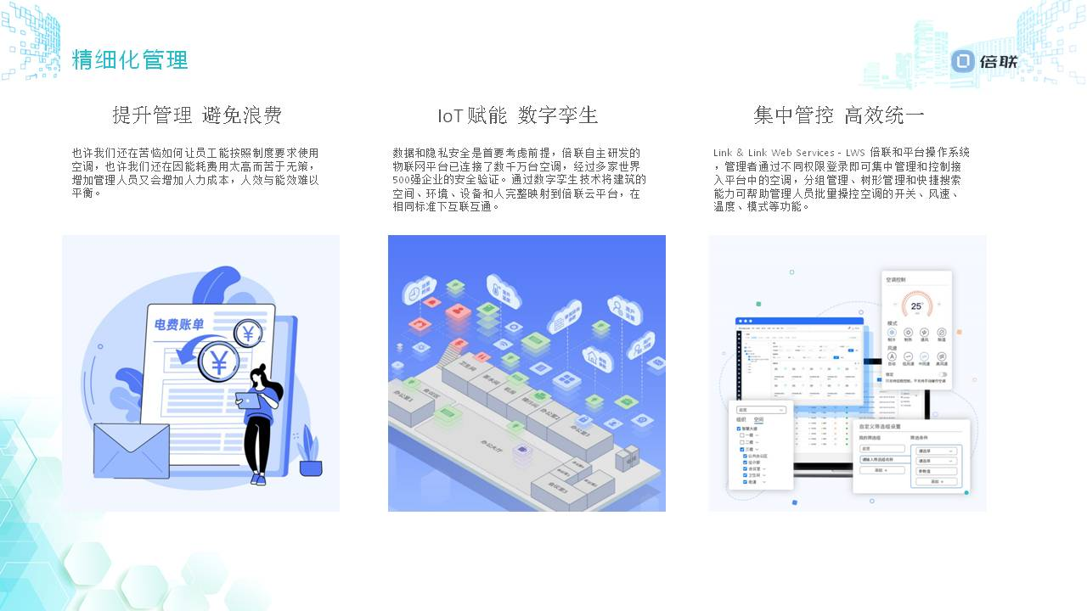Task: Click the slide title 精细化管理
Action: [130, 60]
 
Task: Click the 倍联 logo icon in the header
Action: [962, 61]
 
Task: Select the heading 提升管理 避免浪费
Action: [197, 115]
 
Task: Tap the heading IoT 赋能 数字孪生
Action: [518, 115]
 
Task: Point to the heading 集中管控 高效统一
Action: [839, 115]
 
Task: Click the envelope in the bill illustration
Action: [131, 450]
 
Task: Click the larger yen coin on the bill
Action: [218, 362]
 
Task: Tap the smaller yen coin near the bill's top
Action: [248, 334]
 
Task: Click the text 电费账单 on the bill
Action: [178, 324]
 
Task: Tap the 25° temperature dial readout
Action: [916, 306]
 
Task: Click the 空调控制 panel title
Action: [896, 279]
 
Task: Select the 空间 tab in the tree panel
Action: [758, 419]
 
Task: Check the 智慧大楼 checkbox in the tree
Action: [740, 429]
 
